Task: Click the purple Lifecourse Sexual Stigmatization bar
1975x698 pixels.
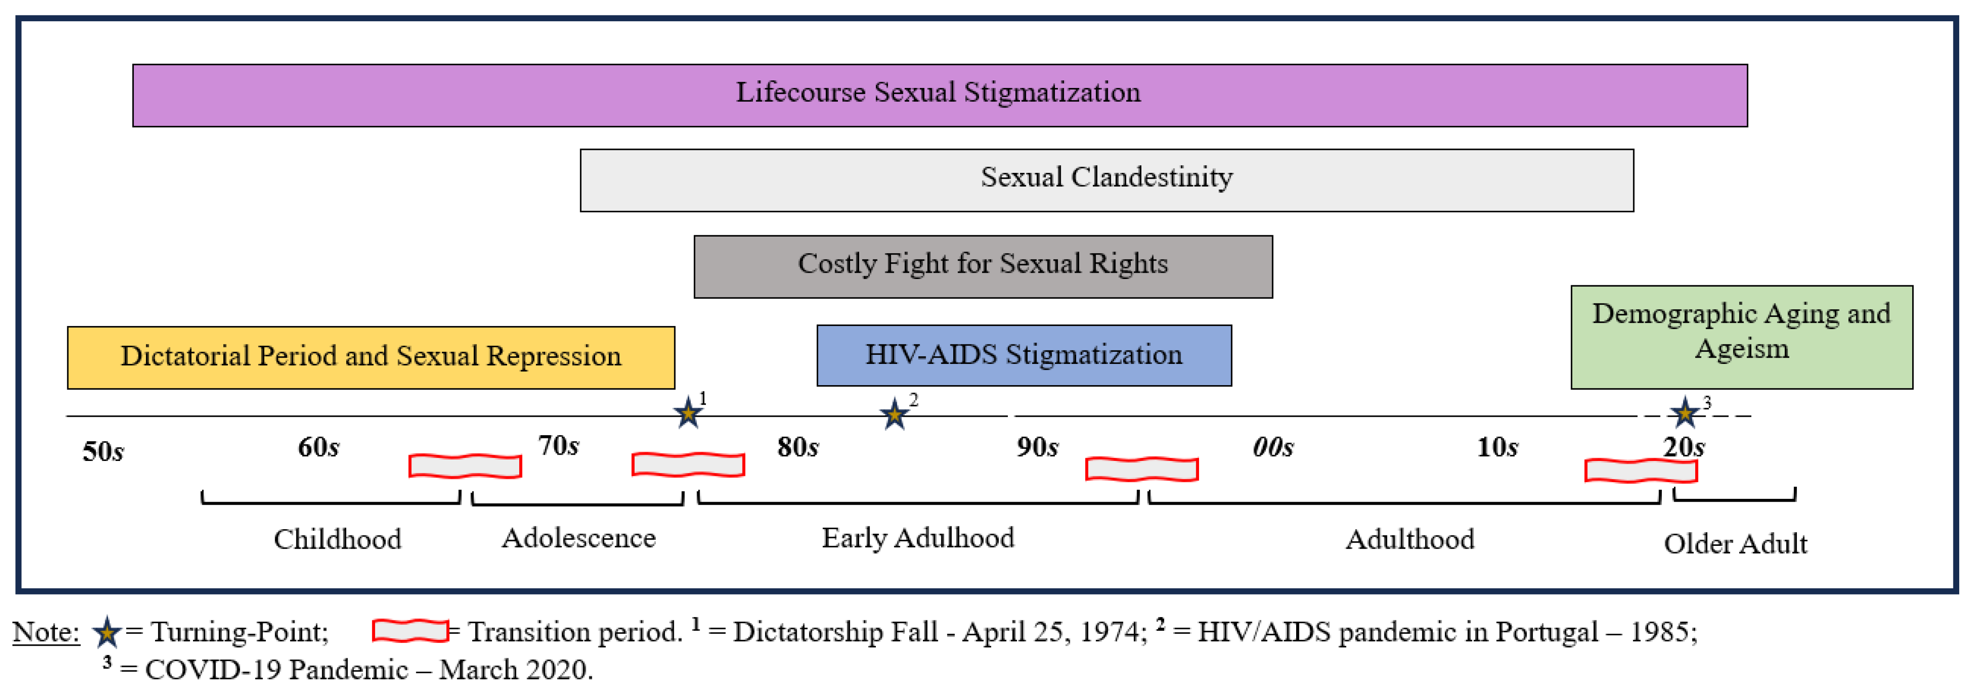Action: pyautogui.click(x=939, y=95)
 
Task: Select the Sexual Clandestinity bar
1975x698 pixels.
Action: pyautogui.click(x=1106, y=180)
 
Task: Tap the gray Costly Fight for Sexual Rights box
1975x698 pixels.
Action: pyautogui.click(x=983, y=266)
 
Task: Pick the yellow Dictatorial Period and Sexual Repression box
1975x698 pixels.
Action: pyautogui.click(x=371, y=357)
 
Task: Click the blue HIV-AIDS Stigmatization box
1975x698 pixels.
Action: pyautogui.click(x=1024, y=355)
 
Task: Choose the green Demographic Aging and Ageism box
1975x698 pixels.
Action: pyautogui.click(x=1741, y=337)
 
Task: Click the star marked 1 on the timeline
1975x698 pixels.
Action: pyautogui.click(x=688, y=414)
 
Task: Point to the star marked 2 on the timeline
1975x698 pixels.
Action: pyautogui.click(x=894, y=414)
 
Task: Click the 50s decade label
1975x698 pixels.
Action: pyautogui.click(x=103, y=451)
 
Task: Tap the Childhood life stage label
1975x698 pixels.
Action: pyautogui.click(x=337, y=540)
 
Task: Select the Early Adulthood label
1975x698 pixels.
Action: pyautogui.click(x=918, y=538)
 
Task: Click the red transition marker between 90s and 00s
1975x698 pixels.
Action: pyautogui.click(x=1142, y=469)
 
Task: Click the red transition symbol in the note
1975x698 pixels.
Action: pyautogui.click(x=410, y=631)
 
